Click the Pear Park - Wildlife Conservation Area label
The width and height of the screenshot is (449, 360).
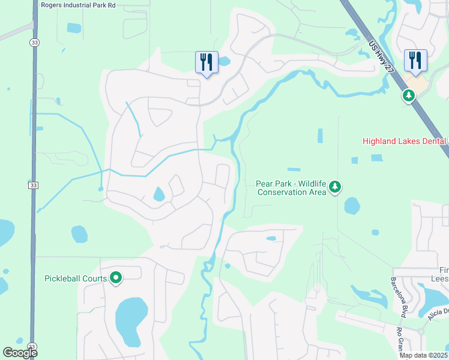(x=291, y=188)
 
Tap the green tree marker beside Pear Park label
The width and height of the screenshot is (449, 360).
(x=335, y=188)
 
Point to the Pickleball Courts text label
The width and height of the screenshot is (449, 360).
(x=76, y=278)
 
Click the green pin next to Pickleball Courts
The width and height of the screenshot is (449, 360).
(x=116, y=278)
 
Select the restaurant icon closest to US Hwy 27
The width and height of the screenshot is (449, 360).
(x=415, y=60)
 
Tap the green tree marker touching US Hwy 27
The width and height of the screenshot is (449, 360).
(x=409, y=96)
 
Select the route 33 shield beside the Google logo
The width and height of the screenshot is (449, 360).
(x=32, y=347)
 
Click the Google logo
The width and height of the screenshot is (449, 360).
(x=20, y=353)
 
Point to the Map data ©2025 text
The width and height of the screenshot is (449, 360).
(x=423, y=355)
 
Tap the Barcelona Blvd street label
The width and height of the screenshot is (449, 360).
(x=399, y=297)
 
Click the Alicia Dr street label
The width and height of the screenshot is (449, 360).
(x=438, y=314)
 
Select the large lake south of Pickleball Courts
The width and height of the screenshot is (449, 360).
(x=131, y=318)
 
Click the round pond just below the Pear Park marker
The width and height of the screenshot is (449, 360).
(x=352, y=206)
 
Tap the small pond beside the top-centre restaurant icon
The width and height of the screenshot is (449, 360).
(x=224, y=61)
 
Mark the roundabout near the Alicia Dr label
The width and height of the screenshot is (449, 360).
(x=421, y=331)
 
